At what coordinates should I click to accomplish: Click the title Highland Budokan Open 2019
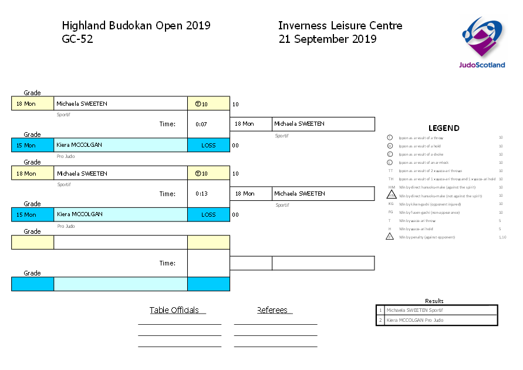(x=136, y=26)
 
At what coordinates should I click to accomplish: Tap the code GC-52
(x=77, y=39)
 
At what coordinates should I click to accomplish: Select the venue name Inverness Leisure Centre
(x=340, y=26)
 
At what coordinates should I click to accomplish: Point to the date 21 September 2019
(x=327, y=39)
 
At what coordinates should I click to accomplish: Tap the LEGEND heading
(x=444, y=128)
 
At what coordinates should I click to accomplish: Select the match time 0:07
(x=201, y=124)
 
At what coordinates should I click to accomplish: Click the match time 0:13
(x=201, y=194)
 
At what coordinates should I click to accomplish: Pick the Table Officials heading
(x=174, y=310)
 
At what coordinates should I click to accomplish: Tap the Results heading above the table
(x=434, y=301)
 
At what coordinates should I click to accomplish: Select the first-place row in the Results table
(x=437, y=310)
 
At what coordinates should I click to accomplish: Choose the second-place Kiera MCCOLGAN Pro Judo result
(x=437, y=320)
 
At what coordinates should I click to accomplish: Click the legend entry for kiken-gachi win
(x=429, y=204)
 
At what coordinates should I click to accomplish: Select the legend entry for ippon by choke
(x=420, y=154)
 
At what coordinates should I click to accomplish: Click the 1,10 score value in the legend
(x=501, y=237)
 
